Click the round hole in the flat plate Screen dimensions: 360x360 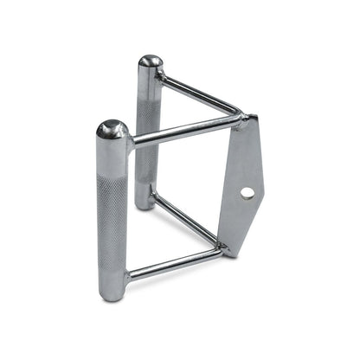(x=247, y=193)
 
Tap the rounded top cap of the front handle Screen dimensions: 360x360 (x=112, y=131)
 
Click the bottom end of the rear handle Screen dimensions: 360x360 (x=145, y=202)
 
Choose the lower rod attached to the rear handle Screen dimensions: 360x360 (x=186, y=216)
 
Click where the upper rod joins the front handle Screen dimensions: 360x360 (x=132, y=144)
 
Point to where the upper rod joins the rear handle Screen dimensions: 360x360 (x=162, y=77)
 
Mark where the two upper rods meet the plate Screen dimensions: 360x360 (x=237, y=118)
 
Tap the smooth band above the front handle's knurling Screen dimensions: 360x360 (x=112, y=156)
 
